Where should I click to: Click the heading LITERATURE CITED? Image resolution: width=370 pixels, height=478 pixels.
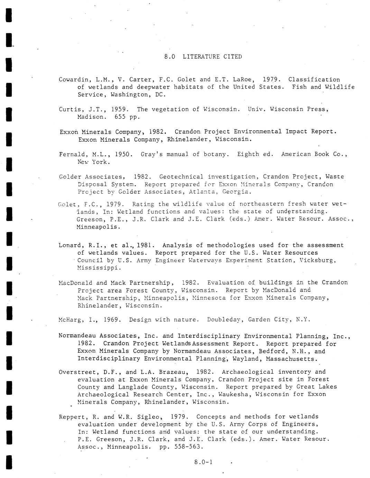[212, 56]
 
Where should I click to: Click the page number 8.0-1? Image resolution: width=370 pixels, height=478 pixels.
[203, 462]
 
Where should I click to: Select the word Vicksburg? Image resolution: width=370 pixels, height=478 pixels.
[317, 260]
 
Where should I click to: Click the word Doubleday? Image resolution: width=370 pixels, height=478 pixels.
[225, 320]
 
